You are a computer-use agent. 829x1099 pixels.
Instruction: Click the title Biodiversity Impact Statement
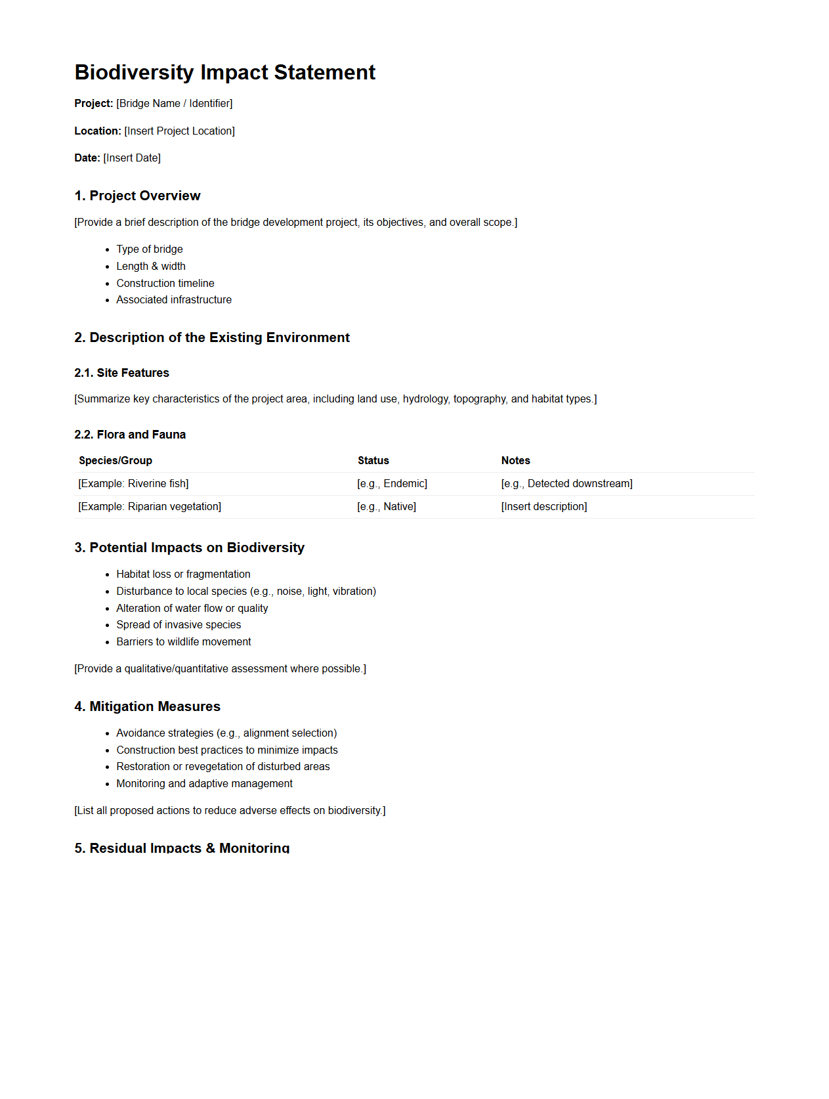pyautogui.click(x=224, y=72)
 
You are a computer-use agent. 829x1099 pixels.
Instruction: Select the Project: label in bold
pyautogui.click(x=93, y=104)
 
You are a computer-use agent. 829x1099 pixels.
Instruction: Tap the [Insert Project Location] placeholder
pyautogui.click(x=179, y=131)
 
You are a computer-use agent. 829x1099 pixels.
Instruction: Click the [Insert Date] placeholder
pyautogui.click(x=132, y=158)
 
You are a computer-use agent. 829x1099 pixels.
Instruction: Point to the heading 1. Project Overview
pyautogui.click(x=137, y=196)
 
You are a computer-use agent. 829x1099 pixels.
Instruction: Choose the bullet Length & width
pyautogui.click(x=151, y=267)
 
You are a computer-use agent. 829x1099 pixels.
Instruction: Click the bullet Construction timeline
pyautogui.click(x=165, y=284)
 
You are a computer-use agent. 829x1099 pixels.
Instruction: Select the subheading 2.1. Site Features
pyautogui.click(x=121, y=373)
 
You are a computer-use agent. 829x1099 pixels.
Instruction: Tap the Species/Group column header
pyautogui.click(x=116, y=461)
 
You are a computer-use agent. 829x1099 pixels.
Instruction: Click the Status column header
pyautogui.click(x=373, y=461)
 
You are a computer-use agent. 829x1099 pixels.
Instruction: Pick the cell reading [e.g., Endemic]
pyautogui.click(x=392, y=484)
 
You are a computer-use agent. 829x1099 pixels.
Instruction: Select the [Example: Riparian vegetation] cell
pyautogui.click(x=150, y=507)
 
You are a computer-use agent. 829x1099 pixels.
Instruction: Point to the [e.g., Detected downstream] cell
pyautogui.click(x=566, y=484)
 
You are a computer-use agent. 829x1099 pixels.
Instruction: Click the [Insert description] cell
pyautogui.click(x=543, y=507)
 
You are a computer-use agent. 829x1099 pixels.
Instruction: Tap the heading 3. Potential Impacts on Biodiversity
pyautogui.click(x=189, y=548)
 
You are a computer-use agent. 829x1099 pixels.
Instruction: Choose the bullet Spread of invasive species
pyautogui.click(x=179, y=625)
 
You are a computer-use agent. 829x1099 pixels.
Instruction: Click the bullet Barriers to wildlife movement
pyautogui.click(x=184, y=642)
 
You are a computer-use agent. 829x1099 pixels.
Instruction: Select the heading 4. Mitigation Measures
pyautogui.click(x=147, y=706)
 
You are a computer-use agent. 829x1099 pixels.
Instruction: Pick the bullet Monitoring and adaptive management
pyautogui.click(x=204, y=784)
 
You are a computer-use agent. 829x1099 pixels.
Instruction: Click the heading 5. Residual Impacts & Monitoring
pyautogui.click(x=182, y=848)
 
